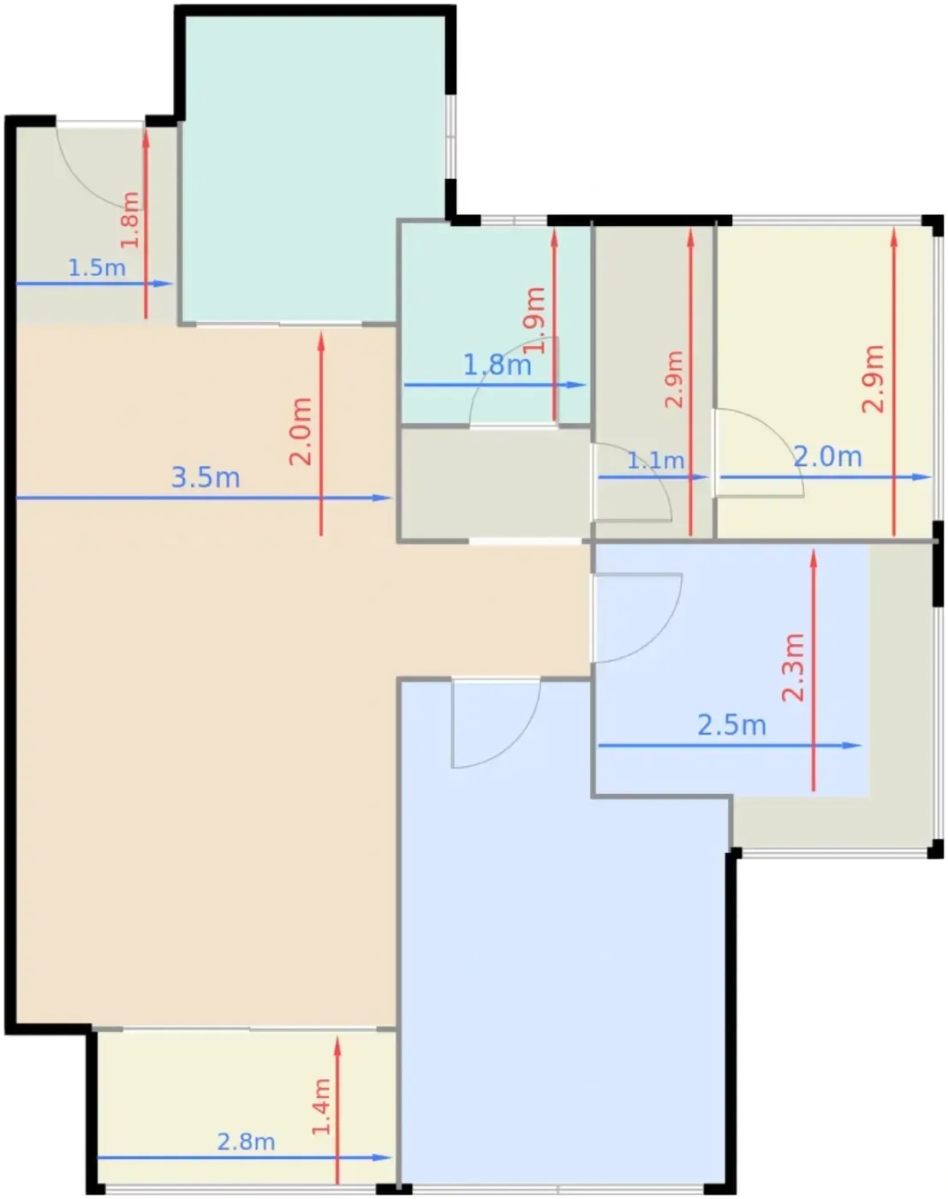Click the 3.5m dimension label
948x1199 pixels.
pos(206,478)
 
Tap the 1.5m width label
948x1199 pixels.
pos(97,268)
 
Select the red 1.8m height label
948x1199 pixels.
pos(130,219)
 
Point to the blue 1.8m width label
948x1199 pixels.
pos(498,365)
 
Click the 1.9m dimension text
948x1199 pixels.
pos(535,320)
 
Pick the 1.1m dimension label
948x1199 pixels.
pos(656,461)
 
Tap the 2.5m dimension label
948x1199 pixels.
pos(731,725)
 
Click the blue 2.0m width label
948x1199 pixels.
pos(827,456)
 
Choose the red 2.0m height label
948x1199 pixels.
pos(301,432)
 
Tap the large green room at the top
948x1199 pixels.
pos(315,167)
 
